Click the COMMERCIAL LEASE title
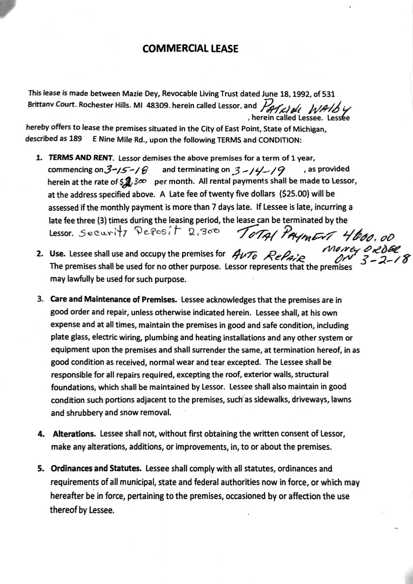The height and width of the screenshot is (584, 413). [190, 49]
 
